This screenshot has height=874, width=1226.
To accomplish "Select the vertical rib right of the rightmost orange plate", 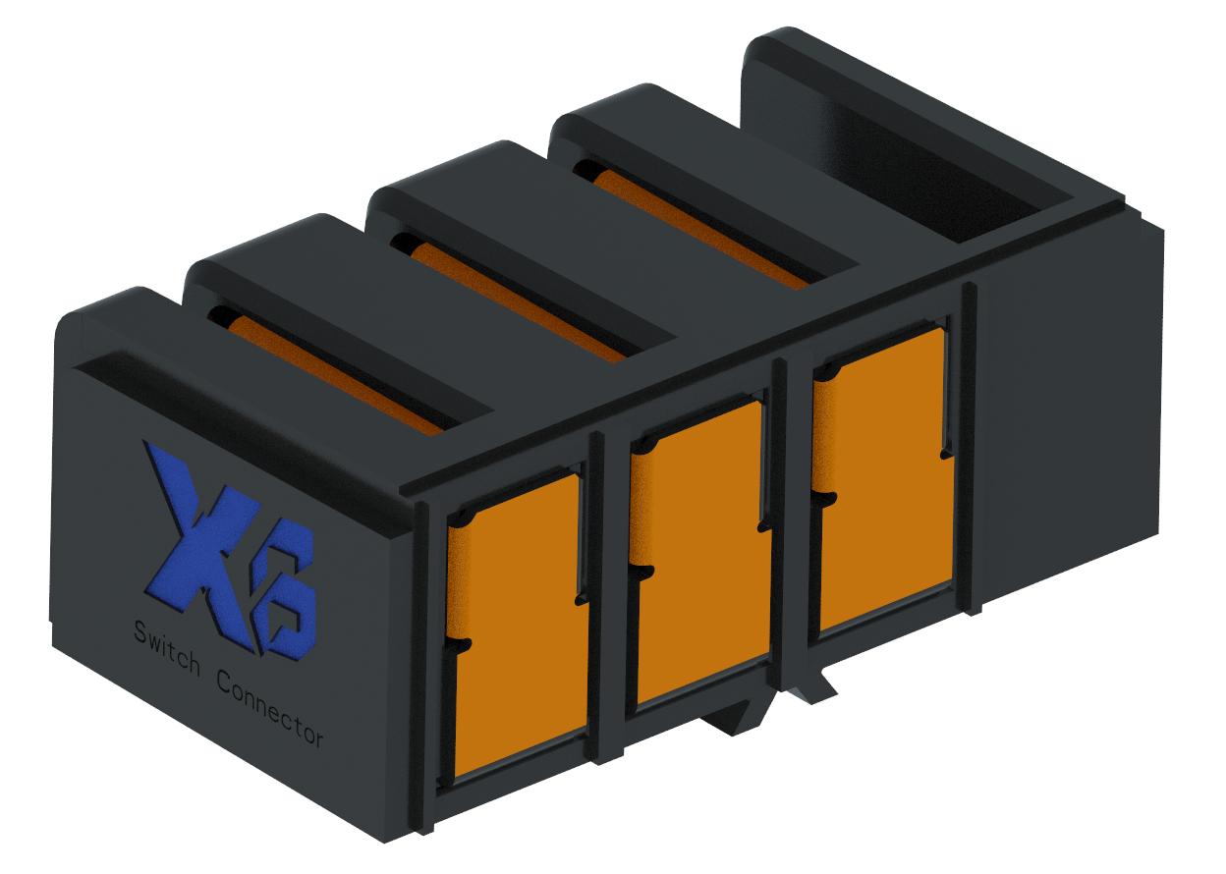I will click(x=969, y=447).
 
